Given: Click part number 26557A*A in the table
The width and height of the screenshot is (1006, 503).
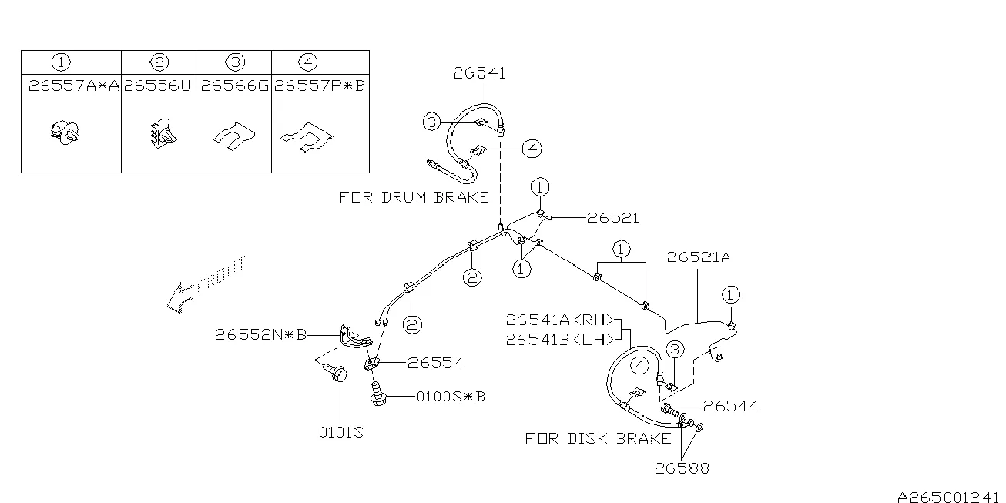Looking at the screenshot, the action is click(74, 86).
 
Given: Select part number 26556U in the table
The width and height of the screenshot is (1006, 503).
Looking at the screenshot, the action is click(158, 86).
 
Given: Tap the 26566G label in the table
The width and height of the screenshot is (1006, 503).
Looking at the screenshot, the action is click(234, 86).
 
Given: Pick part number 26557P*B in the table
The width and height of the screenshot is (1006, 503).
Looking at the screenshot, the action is click(320, 86).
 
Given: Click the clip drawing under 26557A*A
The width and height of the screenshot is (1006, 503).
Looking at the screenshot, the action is click(65, 132).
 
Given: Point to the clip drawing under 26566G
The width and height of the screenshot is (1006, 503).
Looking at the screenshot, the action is click(234, 136).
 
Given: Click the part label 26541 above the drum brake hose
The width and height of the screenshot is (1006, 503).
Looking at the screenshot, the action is click(479, 73).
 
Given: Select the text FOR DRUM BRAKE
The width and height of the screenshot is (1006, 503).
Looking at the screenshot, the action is click(414, 198).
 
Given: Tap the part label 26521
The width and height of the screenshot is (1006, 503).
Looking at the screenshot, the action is click(612, 218).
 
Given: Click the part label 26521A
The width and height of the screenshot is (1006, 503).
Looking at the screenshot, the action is click(699, 257).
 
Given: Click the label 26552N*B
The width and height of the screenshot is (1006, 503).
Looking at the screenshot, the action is click(260, 334).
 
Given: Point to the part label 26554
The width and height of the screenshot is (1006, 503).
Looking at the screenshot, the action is click(435, 363).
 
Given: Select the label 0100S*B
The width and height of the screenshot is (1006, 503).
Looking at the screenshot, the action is click(451, 397).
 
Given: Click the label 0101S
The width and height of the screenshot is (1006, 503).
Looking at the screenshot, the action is click(341, 432).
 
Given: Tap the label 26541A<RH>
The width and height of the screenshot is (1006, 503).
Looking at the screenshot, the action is click(559, 320).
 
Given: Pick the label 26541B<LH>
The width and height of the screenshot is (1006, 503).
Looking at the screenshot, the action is click(559, 340).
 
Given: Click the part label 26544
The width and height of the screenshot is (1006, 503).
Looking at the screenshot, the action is click(731, 407).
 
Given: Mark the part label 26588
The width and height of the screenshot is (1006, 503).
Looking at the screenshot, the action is click(682, 468).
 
